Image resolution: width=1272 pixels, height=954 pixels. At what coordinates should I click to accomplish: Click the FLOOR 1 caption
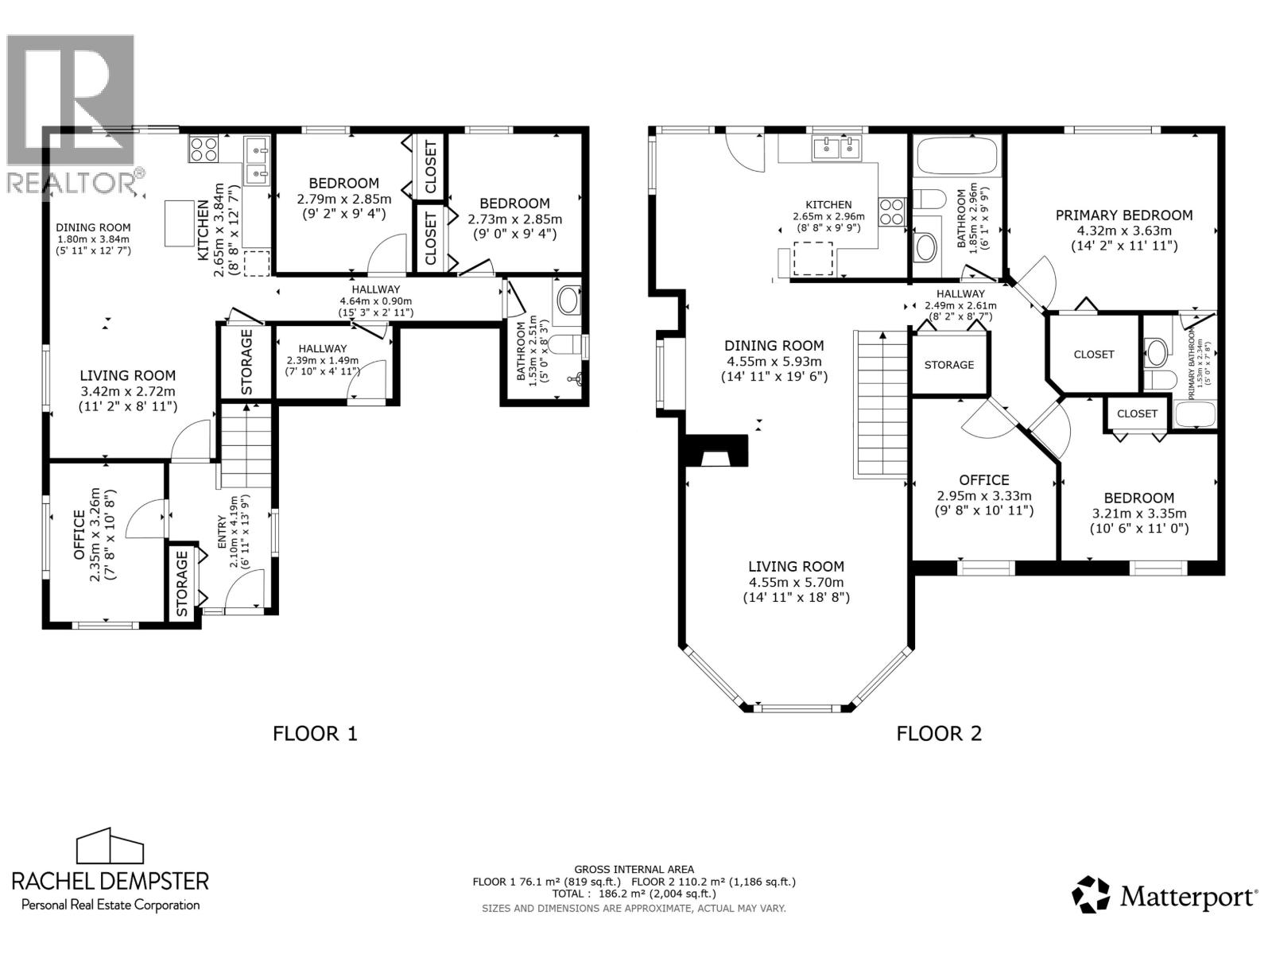pos(315,733)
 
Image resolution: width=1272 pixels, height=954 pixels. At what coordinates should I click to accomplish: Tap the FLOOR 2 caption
pos(939,733)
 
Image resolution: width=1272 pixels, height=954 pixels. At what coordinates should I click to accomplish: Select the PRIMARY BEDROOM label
pos(1123,215)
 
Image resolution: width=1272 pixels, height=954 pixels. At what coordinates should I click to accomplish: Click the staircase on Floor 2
pos(881,405)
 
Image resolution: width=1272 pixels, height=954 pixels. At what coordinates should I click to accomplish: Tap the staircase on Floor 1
pos(246,445)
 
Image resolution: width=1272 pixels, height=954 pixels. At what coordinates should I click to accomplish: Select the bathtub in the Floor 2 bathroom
pos(956,156)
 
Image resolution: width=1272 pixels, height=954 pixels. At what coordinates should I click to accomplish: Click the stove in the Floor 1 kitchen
pos(203,149)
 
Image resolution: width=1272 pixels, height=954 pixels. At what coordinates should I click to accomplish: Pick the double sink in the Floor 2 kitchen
pos(838,149)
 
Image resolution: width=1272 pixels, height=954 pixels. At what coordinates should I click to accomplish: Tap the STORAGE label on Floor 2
pos(948,365)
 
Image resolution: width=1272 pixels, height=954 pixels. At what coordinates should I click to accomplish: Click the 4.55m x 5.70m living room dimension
pos(796,582)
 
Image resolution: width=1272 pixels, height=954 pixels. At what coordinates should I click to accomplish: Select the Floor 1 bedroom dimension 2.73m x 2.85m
pos(514,219)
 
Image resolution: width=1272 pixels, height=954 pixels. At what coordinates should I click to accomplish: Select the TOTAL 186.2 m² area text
pos(634,893)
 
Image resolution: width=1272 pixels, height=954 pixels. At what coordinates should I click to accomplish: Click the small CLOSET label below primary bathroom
pos(1136,413)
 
